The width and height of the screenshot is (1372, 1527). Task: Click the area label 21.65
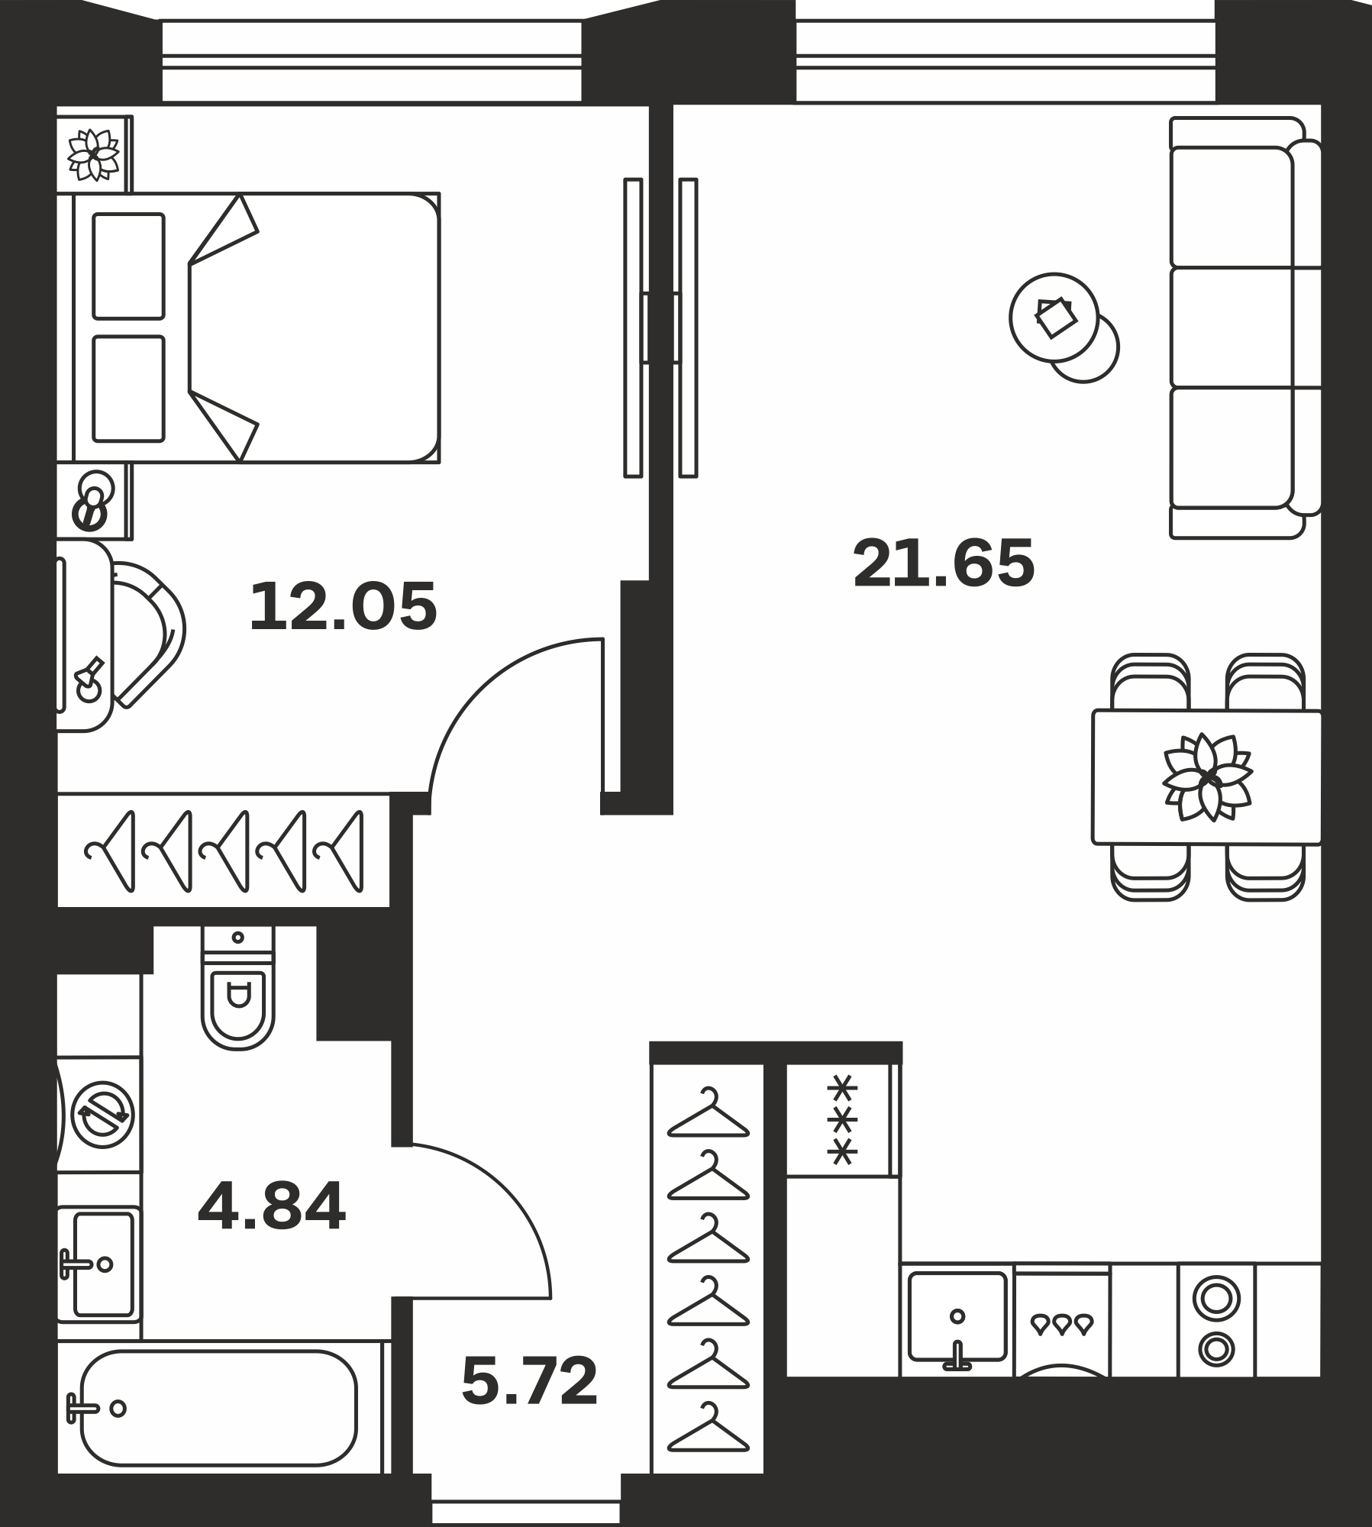[944, 563]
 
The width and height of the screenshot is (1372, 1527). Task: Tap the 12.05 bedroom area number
[344, 606]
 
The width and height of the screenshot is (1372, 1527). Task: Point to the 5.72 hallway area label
[530, 1381]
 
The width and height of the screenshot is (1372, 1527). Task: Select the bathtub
[218, 1409]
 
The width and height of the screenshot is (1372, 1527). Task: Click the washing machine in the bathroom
[100, 1115]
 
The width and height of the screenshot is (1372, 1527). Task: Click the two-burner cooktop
[1216, 1320]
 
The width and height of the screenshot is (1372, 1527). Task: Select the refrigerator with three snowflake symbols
[843, 1119]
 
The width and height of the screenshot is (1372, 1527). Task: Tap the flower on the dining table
[1206, 776]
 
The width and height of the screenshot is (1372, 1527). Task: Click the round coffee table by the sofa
[1054, 317]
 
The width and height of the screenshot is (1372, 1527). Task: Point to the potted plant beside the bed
[93, 155]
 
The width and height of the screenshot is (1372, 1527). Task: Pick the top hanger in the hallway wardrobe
[709, 1112]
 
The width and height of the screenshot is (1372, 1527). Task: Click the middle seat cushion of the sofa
[1231, 327]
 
